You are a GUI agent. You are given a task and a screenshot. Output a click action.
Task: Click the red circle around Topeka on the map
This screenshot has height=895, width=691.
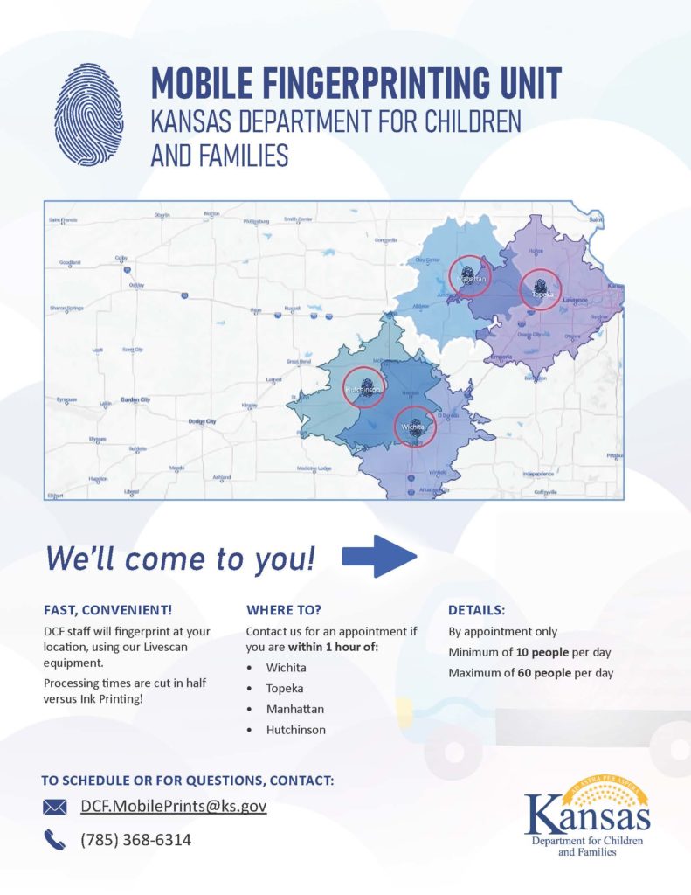(540, 288)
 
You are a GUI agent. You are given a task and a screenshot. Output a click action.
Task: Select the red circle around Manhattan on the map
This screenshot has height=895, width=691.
(470, 277)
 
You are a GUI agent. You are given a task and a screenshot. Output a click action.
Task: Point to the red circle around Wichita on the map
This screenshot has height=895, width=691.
(414, 426)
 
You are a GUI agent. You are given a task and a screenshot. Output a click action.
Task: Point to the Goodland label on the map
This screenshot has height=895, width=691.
(69, 262)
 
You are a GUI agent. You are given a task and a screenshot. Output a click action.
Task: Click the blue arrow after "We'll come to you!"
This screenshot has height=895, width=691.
(378, 557)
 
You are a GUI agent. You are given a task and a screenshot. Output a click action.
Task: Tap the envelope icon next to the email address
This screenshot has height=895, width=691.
(55, 807)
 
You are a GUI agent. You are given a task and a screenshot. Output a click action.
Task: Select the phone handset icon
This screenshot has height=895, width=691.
(54, 840)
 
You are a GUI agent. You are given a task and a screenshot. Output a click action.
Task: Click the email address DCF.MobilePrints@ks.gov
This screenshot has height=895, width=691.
(173, 806)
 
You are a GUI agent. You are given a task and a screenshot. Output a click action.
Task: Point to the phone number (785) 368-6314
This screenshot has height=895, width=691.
(135, 840)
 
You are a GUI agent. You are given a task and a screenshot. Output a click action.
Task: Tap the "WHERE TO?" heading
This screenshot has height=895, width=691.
(285, 608)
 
